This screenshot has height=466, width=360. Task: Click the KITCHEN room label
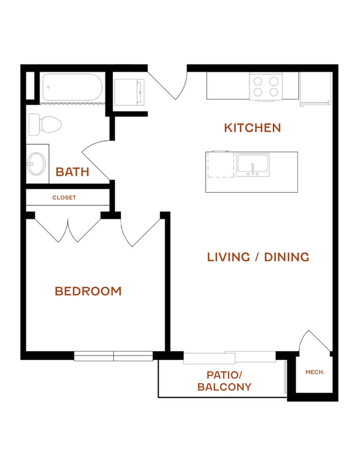click(x=252, y=128)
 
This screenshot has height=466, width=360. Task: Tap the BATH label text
click(x=72, y=172)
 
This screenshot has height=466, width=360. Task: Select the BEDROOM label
click(x=88, y=292)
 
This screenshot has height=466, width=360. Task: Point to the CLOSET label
click(x=64, y=198)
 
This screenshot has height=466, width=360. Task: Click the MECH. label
click(x=315, y=372)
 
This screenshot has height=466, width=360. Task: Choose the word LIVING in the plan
click(x=228, y=257)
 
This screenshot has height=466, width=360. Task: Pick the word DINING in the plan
click(x=287, y=257)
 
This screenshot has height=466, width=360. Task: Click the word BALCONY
click(x=224, y=387)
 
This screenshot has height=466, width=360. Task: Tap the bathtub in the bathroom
click(x=72, y=87)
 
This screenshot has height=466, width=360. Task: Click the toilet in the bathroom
click(x=45, y=125)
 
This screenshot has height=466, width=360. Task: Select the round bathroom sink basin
click(x=36, y=164)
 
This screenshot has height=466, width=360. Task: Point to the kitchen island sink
click(x=253, y=165)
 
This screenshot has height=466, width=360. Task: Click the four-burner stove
click(x=266, y=87)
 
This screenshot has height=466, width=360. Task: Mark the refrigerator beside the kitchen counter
click(x=316, y=88)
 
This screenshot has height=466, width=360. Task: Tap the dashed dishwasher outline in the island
click(x=220, y=165)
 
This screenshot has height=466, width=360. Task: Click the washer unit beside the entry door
click(x=129, y=92)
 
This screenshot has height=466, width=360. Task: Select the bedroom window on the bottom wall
click(x=113, y=356)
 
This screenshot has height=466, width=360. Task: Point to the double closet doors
click(x=68, y=230)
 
